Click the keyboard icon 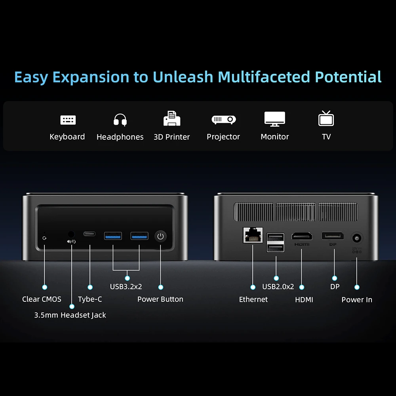(68, 120)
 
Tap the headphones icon (120, 120)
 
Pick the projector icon (223, 120)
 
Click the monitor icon (275, 119)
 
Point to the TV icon (326, 118)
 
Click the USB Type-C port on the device (89, 234)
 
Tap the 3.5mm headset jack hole (71, 234)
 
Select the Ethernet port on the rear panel (253, 235)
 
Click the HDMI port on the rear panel (302, 236)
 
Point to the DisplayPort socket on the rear (333, 236)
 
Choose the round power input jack (357, 238)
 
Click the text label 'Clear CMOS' (42, 299)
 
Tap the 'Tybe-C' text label (90, 299)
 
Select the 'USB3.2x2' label (126, 287)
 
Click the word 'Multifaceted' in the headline (264, 77)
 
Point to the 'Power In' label (357, 300)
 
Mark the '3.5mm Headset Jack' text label (70, 315)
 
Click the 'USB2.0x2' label (278, 287)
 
